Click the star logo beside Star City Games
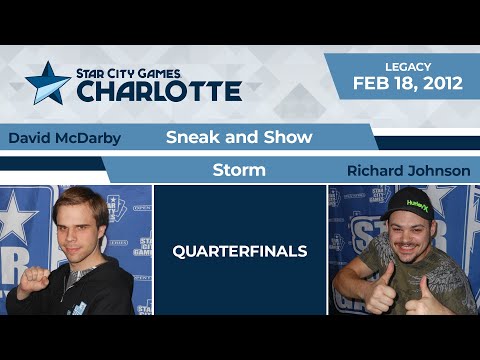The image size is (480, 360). click(47, 83)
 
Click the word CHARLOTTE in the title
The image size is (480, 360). click(159, 92)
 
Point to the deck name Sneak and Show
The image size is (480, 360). click(238, 137)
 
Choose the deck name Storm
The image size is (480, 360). click(239, 170)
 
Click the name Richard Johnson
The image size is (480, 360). click(408, 171)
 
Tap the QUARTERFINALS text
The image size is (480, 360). click(239, 252)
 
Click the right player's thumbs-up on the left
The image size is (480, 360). click(355, 290)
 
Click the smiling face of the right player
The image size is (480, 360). click(404, 231)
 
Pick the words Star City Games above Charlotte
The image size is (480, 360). click(159, 72)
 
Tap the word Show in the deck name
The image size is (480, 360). click(291, 137)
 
